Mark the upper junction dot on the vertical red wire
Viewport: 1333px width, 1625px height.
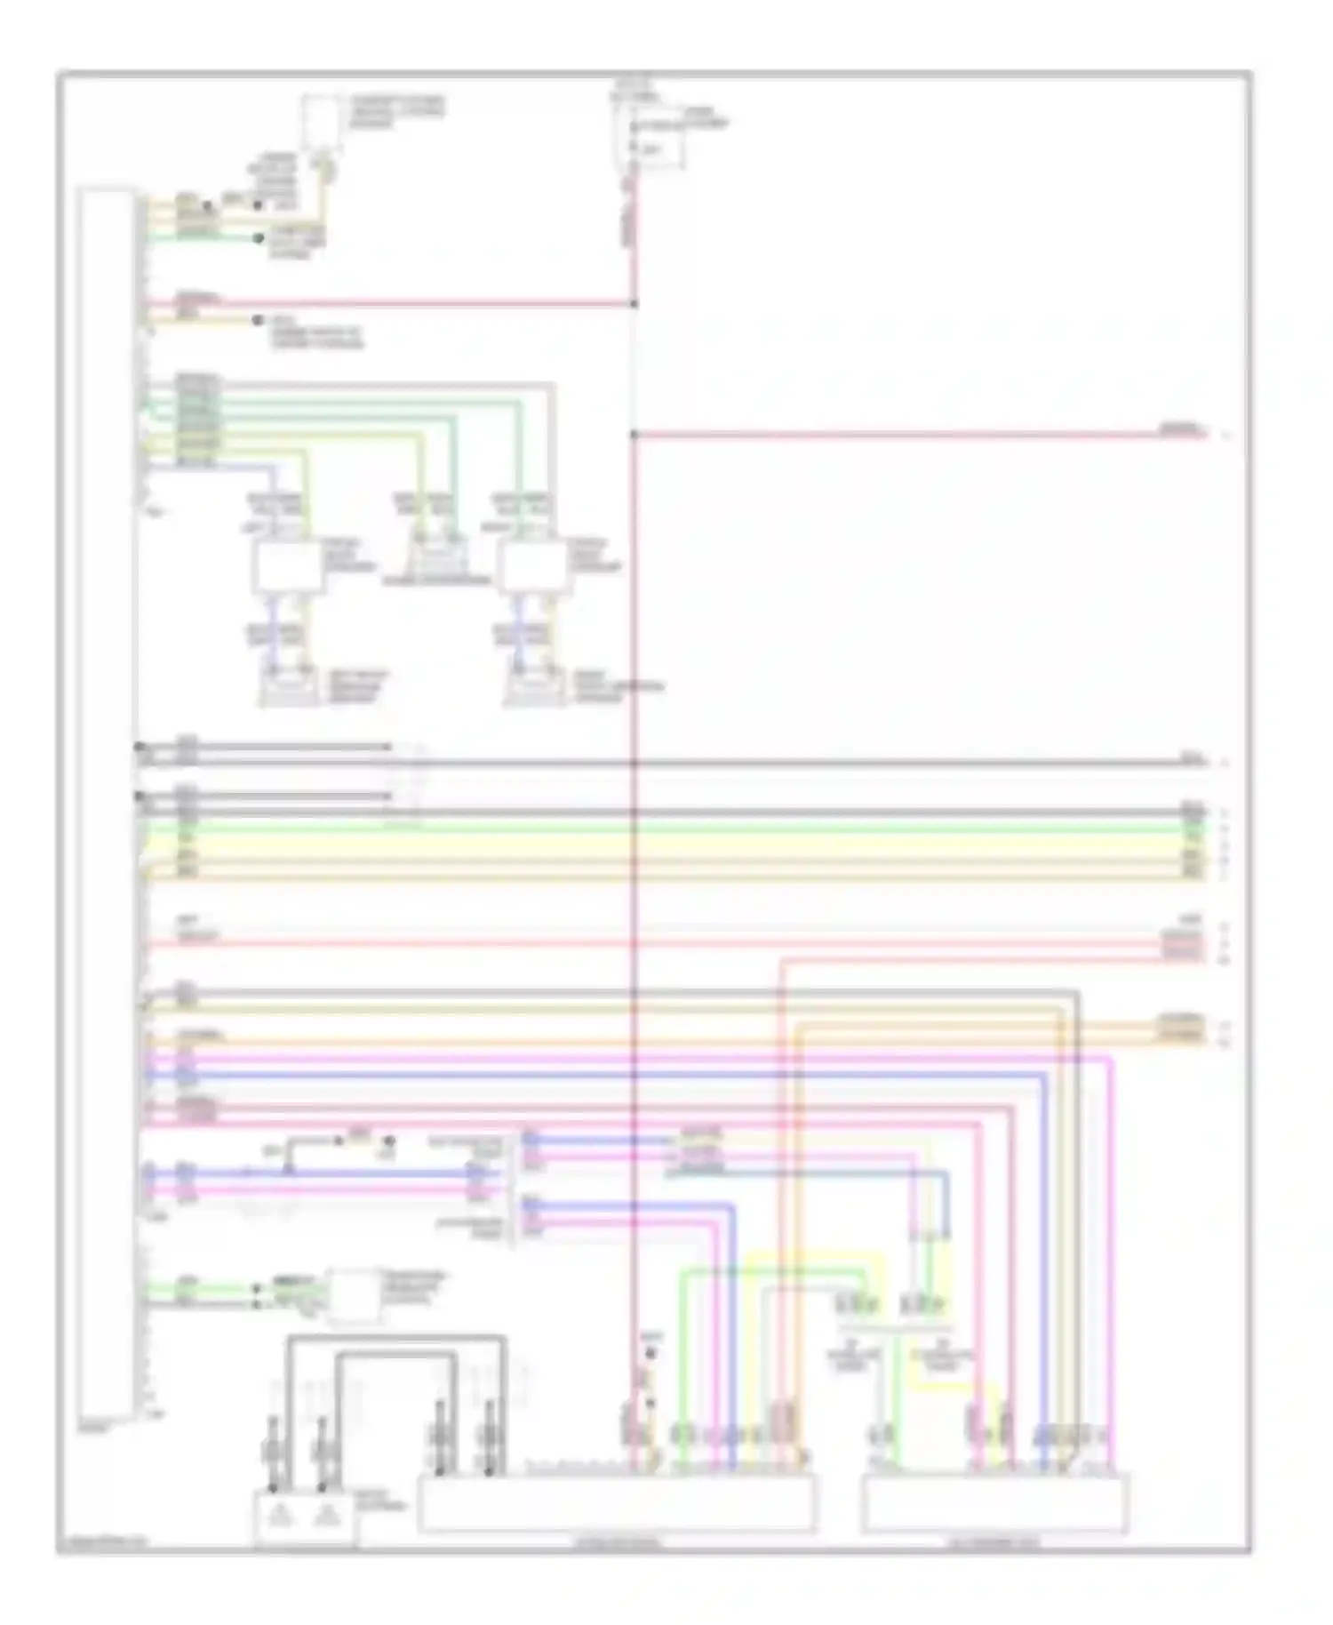click(634, 304)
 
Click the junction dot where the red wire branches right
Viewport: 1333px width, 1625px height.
click(634, 435)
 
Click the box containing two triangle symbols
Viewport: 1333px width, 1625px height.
click(305, 1519)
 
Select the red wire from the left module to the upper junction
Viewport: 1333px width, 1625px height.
click(391, 304)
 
